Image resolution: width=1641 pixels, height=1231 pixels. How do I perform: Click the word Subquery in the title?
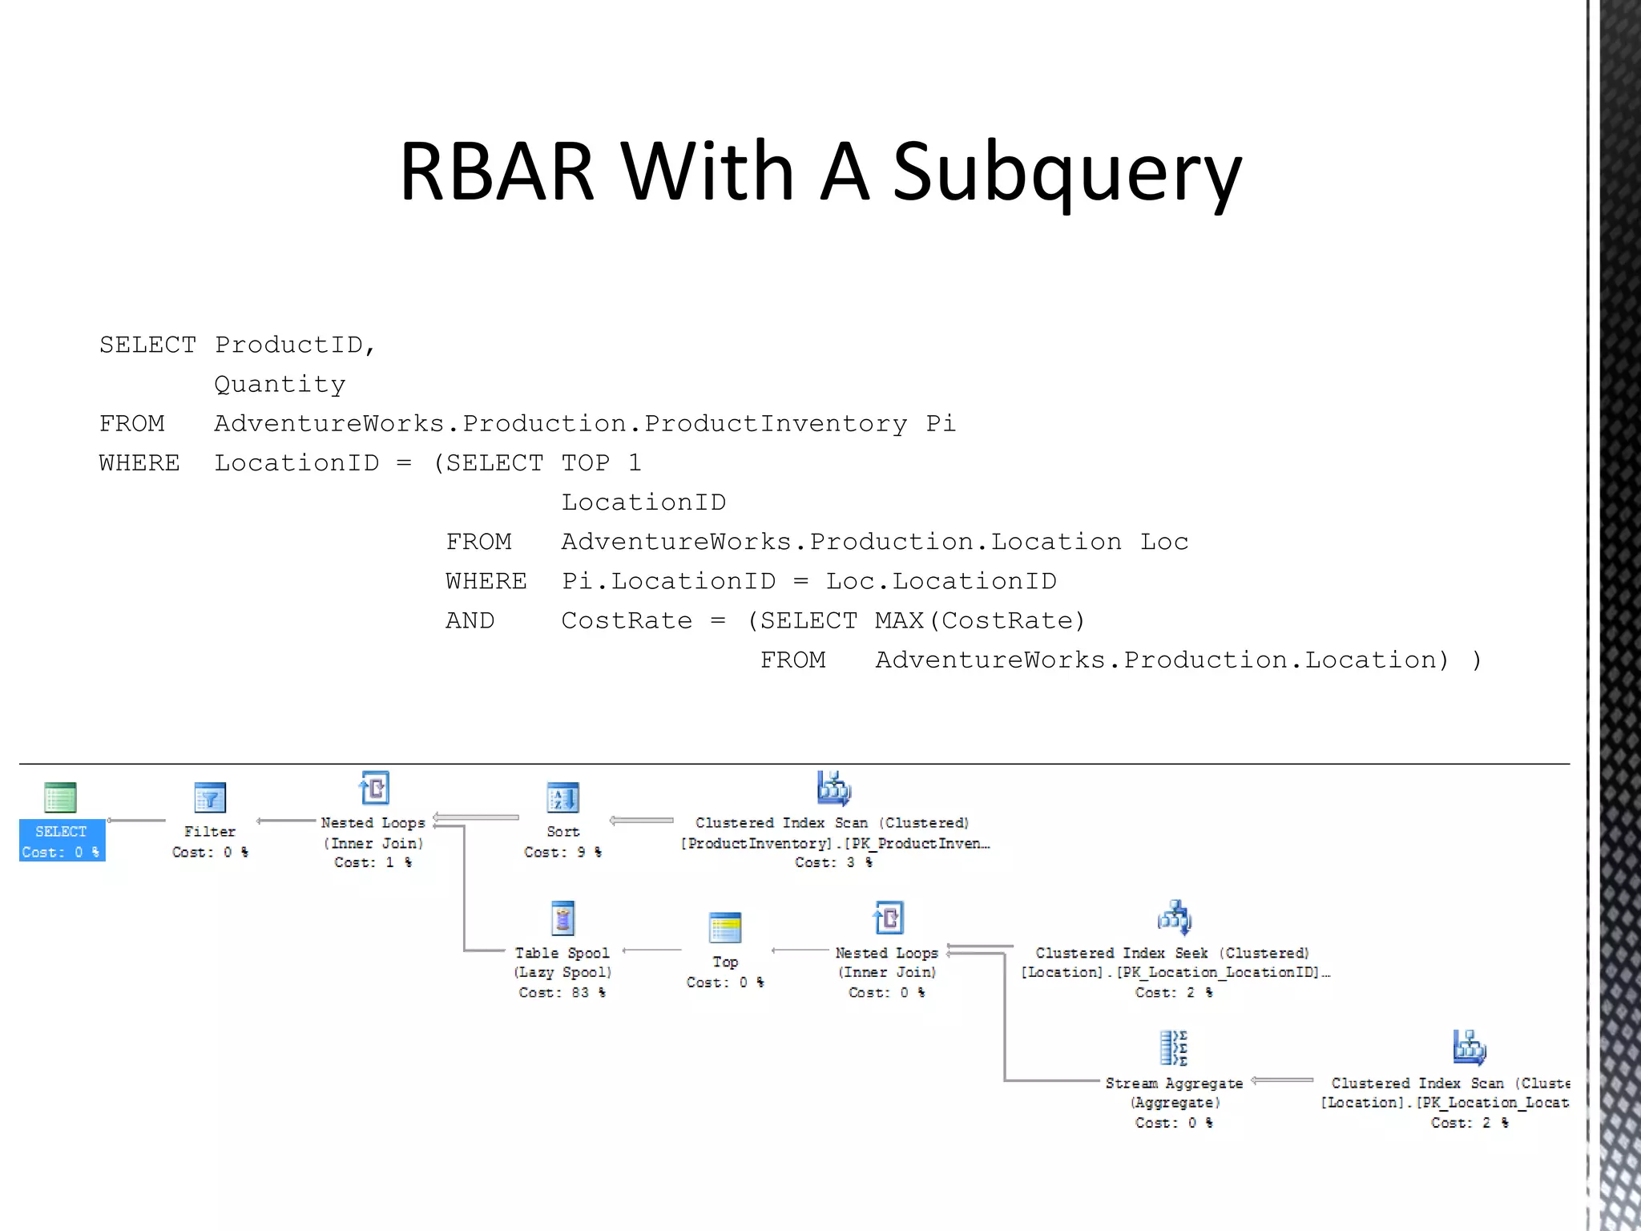click(x=1066, y=172)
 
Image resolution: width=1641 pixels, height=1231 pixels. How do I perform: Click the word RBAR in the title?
click(x=497, y=172)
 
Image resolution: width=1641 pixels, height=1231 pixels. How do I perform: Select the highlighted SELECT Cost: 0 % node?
click(x=62, y=840)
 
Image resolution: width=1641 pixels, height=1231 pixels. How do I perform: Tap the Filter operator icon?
click(x=210, y=797)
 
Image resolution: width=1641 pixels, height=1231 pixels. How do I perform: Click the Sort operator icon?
click(x=562, y=797)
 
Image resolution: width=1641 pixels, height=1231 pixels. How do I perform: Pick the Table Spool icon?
click(x=562, y=918)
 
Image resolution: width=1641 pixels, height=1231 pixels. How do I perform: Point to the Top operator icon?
click(x=725, y=928)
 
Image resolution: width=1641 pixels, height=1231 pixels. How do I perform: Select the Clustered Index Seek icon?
click(x=1174, y=918)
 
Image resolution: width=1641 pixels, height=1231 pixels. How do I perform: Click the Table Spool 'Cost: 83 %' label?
click(x=562, y=992)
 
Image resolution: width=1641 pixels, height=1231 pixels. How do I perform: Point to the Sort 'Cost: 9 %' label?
click(x=562, y=852)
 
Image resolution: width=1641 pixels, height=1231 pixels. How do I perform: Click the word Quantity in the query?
click(x=280, y=385)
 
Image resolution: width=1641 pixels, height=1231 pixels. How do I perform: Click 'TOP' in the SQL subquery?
click(x=585, y=463)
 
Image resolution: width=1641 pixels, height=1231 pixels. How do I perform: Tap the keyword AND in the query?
click(x=470, y=620)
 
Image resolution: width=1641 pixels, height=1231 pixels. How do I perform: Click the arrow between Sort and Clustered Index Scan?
click(x=641, y=821)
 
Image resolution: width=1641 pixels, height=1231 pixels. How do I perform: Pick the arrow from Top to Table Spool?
click(x=652, y=950)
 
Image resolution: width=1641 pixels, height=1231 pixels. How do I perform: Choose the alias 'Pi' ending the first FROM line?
click(x=941, y=423)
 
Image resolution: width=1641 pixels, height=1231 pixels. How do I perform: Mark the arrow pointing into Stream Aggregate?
click(x=1282, y=1080)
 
